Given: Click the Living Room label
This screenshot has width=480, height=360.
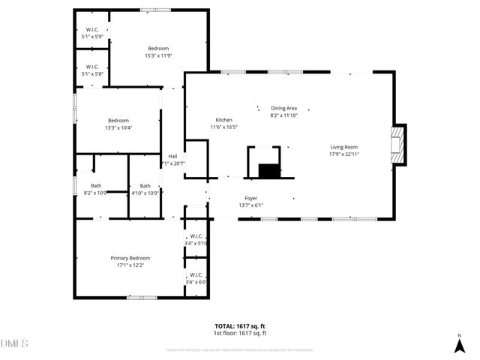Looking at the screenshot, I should pyautogui.click(x=344, y=147).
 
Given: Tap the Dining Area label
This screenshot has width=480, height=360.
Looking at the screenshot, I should pyautogui.click(x=283, y=108).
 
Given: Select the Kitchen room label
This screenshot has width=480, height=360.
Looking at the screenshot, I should pyautogui.click(x=223, y=120).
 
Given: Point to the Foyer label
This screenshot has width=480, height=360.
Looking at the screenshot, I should pyautogui.click(x=250, y=198).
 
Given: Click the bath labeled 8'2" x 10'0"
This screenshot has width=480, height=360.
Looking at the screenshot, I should pyautogui.click(x=96, y=185).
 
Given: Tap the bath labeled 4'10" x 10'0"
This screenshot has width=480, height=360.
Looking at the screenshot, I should pyautogui.click(x=145, y=185).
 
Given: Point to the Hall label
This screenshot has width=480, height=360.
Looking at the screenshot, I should pyautogui.click(x=172, y=156).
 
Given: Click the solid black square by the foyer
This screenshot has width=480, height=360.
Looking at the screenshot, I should pyautogui.click(x=268, y=170).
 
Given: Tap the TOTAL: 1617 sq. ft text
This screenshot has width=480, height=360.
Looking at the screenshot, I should pyautogui.click(x=240, y=326).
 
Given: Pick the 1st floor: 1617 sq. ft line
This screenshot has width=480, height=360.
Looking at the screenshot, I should pyautogui.click(x=240, y=333).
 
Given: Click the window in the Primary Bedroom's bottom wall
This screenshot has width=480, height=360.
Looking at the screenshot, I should pyautogui.click(x=142, y=298).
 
